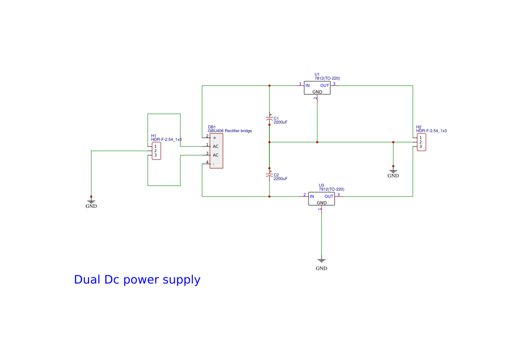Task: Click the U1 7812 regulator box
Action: point(317,88)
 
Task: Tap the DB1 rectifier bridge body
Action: point(216,151)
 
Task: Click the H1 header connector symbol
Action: point(156,151)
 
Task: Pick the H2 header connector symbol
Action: point(421,142)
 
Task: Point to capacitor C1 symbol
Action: point(269,119)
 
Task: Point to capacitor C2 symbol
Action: point(269,175)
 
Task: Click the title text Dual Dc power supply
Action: point(137,280)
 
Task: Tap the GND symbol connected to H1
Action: point(91,202)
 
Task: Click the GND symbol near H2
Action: point(393,172)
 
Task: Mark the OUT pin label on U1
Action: point(325,86)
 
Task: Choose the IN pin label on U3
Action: point(312,197)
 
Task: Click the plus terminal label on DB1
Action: point(215,138)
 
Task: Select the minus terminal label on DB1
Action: point(214,164)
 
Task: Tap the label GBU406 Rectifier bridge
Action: point(230,131)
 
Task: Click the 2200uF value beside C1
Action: point(280,122)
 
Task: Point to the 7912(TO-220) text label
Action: point(332,189)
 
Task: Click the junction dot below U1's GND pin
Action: point(317,142)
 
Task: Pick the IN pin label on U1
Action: point(308,86)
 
